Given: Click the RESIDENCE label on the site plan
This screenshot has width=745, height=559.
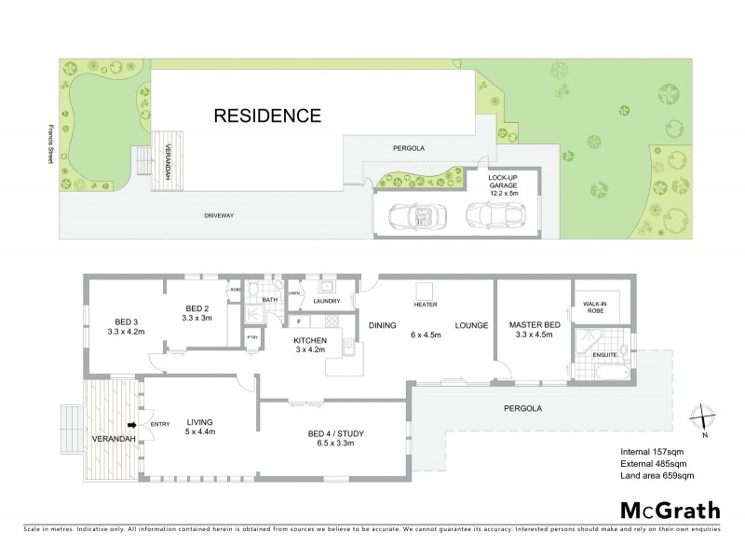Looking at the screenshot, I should click(x=267, y=116).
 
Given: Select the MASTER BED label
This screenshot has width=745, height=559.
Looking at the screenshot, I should click(x=531, y=324).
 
